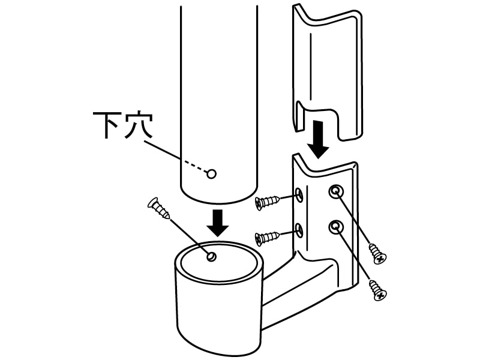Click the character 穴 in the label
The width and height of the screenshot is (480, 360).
click(139, 126)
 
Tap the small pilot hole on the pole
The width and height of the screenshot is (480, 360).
click(212, 174)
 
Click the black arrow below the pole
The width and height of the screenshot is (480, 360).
click(218, 223)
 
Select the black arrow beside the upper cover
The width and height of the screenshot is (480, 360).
click(319, 140)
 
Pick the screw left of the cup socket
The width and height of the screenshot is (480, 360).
click(158, 208)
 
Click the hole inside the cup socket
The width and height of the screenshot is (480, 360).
click(211, 256)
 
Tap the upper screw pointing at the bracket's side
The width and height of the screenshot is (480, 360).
click(267, 202)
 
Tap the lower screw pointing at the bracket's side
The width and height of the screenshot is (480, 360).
click(267, 238)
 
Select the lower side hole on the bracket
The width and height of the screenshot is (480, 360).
click(299, 230)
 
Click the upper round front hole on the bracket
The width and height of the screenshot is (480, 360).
click(336, 192)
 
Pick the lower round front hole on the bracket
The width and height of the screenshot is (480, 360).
click(336, 227)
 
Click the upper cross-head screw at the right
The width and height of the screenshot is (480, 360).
click(377, 253)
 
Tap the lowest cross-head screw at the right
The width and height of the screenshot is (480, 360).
click(379, 290)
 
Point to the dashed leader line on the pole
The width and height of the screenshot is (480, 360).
click(193, 166)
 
